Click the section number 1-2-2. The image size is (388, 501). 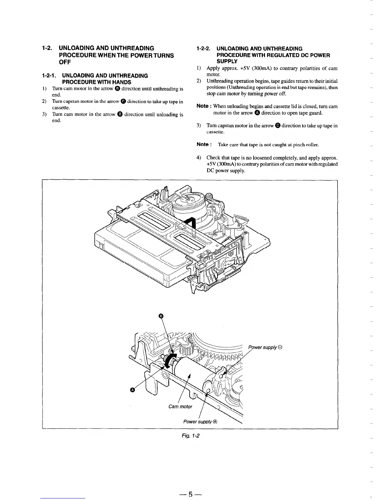point(204,49)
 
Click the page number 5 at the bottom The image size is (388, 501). point(191,494)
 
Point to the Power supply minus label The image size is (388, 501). point(265,347)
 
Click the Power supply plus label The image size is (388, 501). point(200,422)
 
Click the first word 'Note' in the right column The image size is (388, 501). point(202,106)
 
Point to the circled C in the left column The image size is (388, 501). point(123,102)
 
